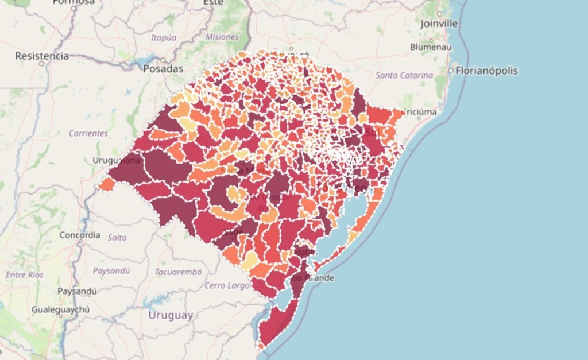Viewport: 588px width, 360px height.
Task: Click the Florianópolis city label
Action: click(486, 71)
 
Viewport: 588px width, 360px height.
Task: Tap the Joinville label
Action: click(439, 24)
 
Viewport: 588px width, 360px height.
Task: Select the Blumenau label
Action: click(431, 47)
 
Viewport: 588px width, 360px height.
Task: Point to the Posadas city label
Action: click(164, 69)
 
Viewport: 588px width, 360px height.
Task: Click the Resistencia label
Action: click(42, 56)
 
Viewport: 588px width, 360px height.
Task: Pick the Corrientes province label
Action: click(88, 133)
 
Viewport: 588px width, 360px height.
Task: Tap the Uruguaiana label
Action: click(117, 160)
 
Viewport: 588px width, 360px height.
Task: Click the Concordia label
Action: click(80, 235)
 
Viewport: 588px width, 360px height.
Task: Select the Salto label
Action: click(117, 237)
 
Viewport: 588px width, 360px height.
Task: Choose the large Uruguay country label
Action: click(171, 315)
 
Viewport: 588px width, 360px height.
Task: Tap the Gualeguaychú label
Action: click(60, 309)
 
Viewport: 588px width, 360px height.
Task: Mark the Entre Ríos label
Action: click(25, 275)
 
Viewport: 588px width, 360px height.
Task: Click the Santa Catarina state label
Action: click(404, 75)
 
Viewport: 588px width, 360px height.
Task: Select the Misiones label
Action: click(222, 37)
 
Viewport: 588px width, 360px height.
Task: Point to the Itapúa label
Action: click(163, 37)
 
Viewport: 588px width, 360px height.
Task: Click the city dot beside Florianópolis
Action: click(451, 72)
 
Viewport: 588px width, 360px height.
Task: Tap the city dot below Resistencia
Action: click(42, 64)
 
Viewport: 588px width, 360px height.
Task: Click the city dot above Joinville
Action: click(439, 13)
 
